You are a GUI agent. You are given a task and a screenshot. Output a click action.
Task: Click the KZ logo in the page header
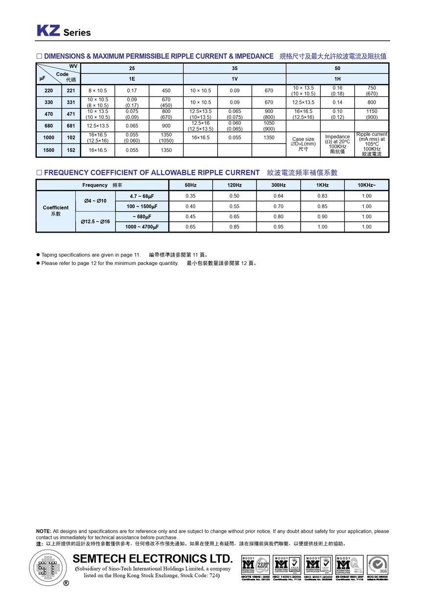tap(48, 31)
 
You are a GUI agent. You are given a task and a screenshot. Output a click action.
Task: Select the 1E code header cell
tap(132, 79)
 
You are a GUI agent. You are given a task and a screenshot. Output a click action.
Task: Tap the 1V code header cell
tap(234, 79)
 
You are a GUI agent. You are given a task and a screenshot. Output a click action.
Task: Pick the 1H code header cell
tap(337, 79)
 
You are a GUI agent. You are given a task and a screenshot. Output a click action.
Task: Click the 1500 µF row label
tap(48, 150)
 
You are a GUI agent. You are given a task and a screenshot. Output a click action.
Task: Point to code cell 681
tap(71, 126)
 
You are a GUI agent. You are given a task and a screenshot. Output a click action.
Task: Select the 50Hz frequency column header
tap(190, 185)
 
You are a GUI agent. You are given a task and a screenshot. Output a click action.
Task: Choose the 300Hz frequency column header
tap(279, 185)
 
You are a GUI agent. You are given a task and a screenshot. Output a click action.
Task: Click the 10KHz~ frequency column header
tap(367, 185)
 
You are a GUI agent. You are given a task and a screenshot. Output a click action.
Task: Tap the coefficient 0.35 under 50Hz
tap(190, 196)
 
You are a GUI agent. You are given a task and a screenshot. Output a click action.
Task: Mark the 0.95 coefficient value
tap(279, 227)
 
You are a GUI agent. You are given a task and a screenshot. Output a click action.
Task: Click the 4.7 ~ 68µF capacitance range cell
tap(142, 196)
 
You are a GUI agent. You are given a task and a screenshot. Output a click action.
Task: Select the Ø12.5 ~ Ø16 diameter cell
tap(95, 222)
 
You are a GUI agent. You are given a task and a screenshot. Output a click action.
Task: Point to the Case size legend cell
tap(303, 144)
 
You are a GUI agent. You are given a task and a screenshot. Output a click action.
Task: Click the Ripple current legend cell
tap(372, 144)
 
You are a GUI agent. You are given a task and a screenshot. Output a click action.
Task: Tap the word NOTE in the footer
tap(44, 531)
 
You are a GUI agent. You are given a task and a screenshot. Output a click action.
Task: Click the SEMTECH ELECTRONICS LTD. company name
tap(152, 559)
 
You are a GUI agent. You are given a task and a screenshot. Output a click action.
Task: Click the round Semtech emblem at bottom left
tap(48, 568)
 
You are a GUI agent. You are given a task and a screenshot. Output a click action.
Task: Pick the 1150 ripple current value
tap(372, 111)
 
